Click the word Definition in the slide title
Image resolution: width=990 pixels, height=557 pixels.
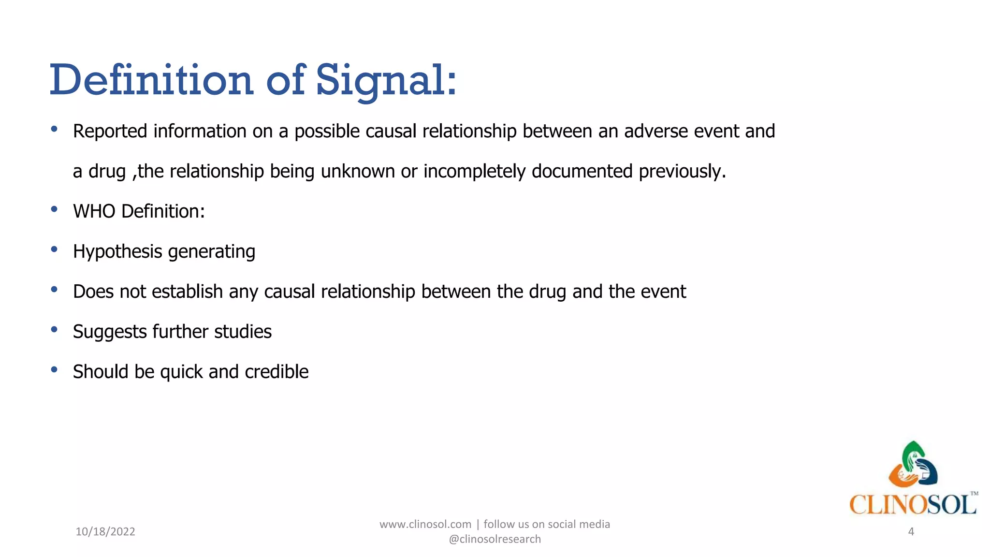click(151, 80)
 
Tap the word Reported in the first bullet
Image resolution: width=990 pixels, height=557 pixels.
click(110, 131)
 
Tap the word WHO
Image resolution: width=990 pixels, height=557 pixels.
click(94, 211)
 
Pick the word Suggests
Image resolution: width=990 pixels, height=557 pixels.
click(110, 332)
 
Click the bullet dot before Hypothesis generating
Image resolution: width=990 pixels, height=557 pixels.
click(54, 249)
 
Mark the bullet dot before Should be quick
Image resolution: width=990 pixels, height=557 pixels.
click(54, 370)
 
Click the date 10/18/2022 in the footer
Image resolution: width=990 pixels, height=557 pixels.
click(105, 531)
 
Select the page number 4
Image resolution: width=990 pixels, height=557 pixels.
click(911, 531)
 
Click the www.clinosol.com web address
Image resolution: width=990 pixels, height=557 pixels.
click(425, 524)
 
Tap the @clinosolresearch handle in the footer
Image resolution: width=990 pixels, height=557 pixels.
click(495, 539)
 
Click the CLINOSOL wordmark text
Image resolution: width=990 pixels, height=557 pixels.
click(913, 505)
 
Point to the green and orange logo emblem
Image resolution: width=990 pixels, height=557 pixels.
click(913, 465)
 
